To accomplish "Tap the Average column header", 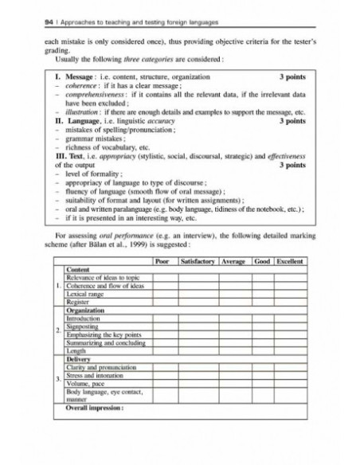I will tap(233, 261).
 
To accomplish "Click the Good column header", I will tap(262, 261).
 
